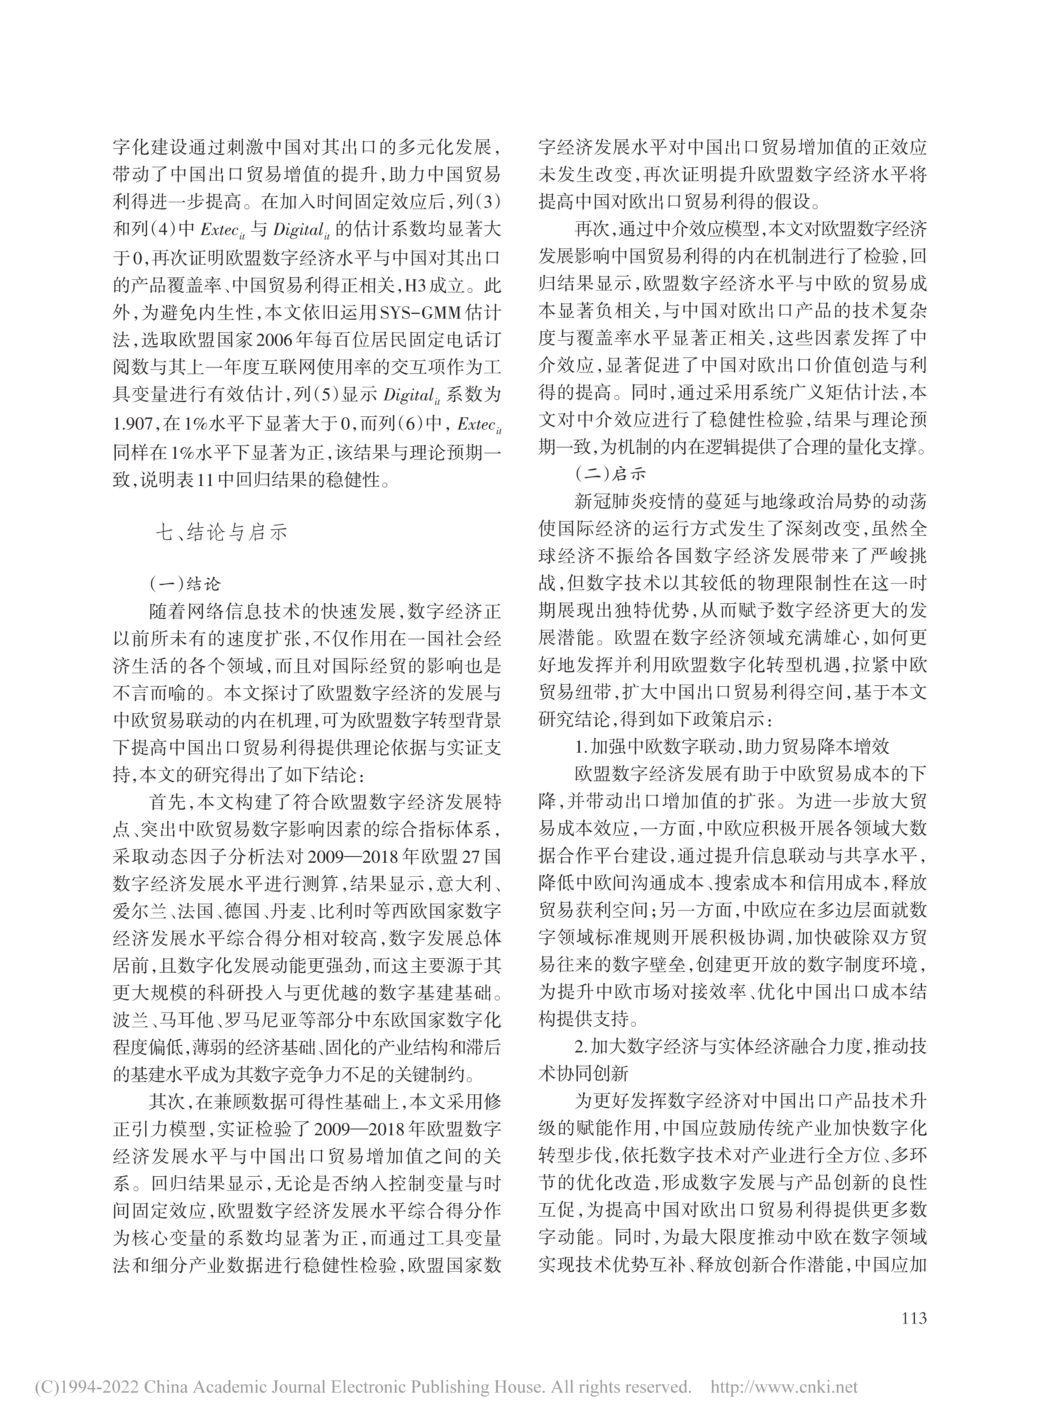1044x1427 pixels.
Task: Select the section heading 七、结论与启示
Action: pos(221,532)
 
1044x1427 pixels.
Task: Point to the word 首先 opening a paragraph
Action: pos(167,802)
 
